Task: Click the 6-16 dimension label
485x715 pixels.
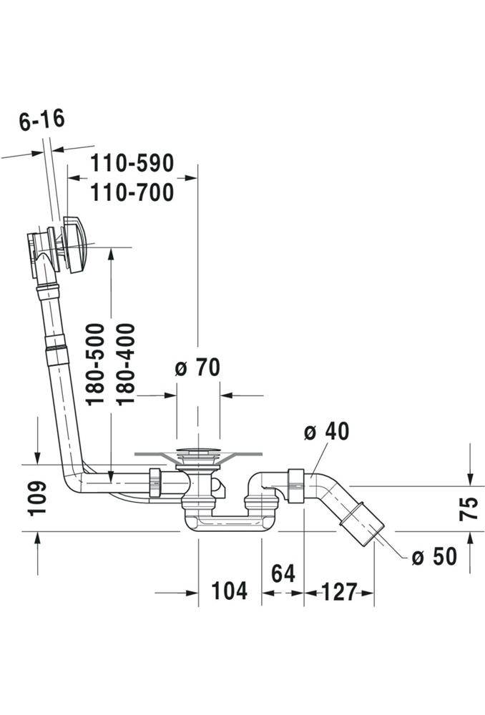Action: point(42,120)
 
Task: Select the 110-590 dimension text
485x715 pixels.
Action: point(132,163)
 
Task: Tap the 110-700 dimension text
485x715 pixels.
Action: point(132,192)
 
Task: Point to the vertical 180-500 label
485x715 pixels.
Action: point(95,365)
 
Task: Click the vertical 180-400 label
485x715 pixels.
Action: point(125,365)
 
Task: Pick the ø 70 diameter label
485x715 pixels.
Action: point(197,368)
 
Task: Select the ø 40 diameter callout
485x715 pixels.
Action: point(327,431)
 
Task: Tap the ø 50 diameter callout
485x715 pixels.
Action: point(434,556)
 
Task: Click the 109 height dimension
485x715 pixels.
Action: point(37,498)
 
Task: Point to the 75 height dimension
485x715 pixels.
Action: point(469,508)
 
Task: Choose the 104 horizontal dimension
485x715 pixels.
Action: point(230,591)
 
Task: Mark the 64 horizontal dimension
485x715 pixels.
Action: point(283,573)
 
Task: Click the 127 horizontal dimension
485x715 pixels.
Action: point(340,592)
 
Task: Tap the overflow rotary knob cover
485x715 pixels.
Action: point(73,245)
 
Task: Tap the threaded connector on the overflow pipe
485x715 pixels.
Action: point(56,350)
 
